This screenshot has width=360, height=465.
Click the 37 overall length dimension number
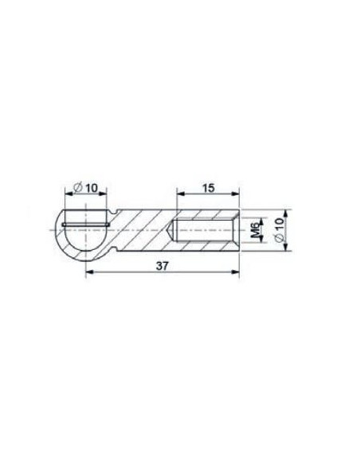pyautogui.click(x=162, y=265)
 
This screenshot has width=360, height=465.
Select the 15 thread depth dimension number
pyautogui.click(x=209, y=188)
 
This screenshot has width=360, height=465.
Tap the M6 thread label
pyautogui.click(x=255, y=230)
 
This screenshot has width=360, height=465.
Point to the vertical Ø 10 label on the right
pyautogui.click(x=280, y=229)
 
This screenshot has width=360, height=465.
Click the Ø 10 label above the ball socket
pyautogui.click(x=85, y=188)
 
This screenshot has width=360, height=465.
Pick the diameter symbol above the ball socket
pyautogui.click(x=78, y=188)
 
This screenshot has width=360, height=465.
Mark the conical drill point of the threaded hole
pyautogui.click(x=170, y=230)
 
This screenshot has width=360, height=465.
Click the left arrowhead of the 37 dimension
pyautogui.click(x=89, y=272)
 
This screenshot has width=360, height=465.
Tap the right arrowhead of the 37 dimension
pyautogui.click(x=235, y=272)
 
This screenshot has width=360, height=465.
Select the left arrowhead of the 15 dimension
pyautogui.click(x=181, y=193)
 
